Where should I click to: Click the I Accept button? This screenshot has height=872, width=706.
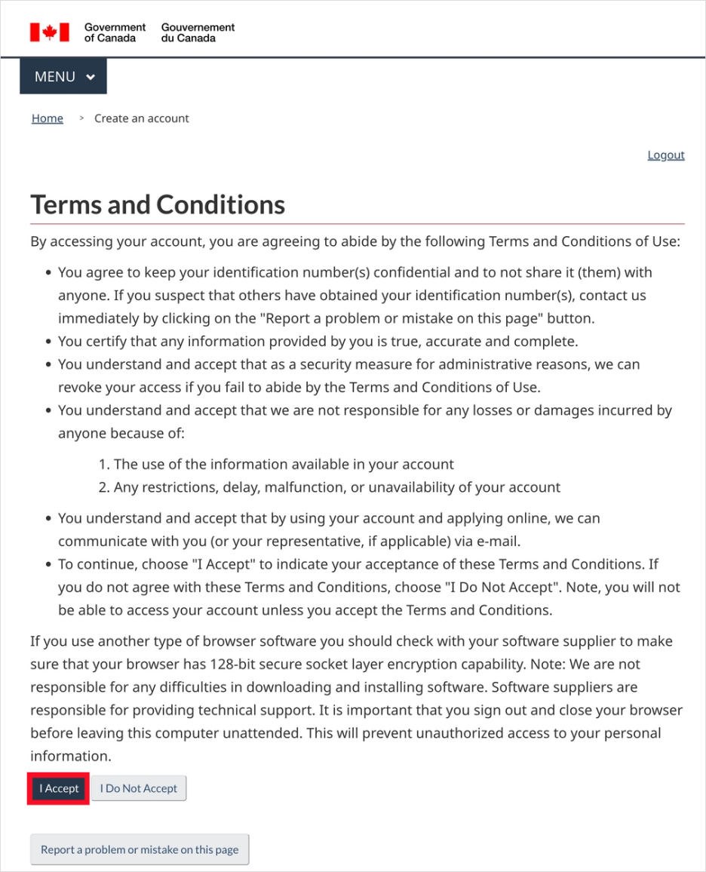(59, 788)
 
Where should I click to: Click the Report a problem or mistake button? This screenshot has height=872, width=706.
(140, 849)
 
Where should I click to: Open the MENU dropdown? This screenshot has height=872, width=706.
(63, 76)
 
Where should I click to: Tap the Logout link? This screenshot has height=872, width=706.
(666, 155)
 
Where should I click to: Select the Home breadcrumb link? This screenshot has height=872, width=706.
(48, 118)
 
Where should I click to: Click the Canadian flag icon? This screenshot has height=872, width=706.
(50, 32)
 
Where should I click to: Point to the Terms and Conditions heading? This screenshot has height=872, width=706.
(158, 204)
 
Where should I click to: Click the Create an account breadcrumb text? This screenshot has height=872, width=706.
(142, 118)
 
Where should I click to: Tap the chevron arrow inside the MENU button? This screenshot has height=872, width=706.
(91, 77)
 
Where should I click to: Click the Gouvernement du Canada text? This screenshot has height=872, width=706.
(198, 32)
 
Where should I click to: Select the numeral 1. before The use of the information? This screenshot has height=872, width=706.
(104, 464)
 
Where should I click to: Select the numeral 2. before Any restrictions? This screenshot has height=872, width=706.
(105, 487)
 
